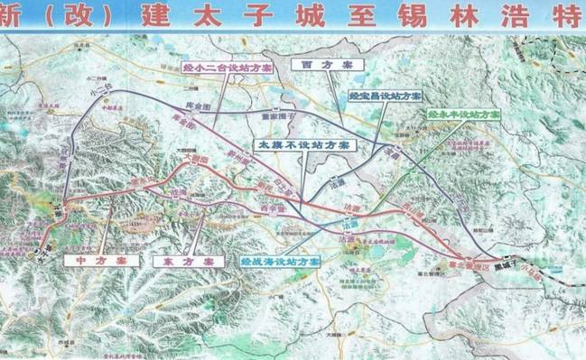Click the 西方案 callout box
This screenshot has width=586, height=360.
click(320, 65)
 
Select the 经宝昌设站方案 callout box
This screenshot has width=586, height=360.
click(385, 96)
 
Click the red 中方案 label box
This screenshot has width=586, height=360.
click(102, 260)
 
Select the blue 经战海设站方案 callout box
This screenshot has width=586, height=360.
click(281, 260)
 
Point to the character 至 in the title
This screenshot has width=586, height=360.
click(373, 15)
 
